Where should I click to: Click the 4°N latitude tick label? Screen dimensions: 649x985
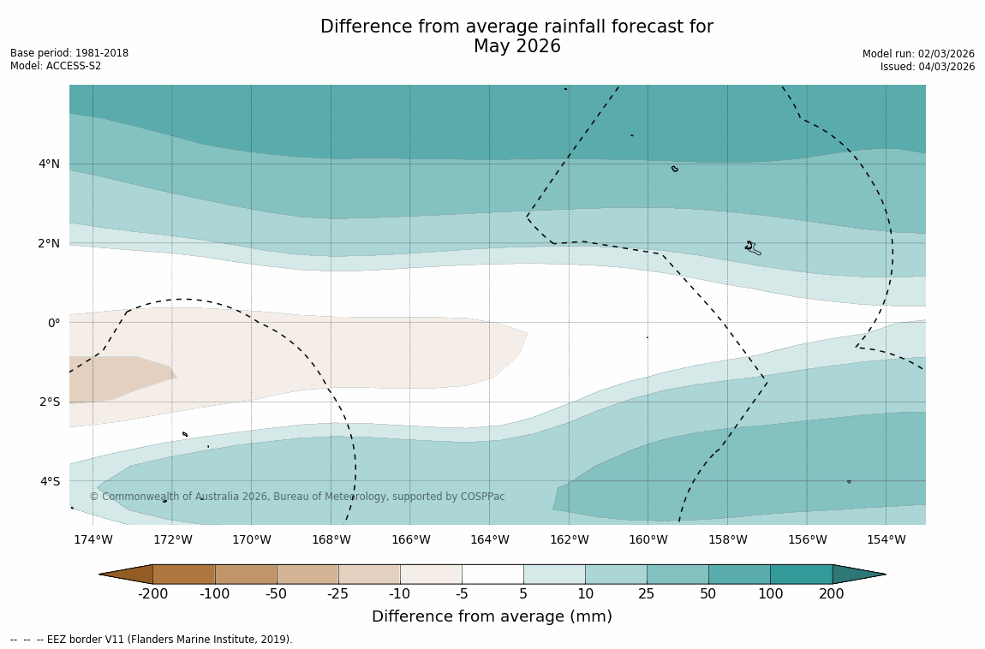[48, 164]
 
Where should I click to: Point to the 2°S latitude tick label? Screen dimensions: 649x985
[48, 402]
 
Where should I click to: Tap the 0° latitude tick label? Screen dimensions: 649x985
[53, 323]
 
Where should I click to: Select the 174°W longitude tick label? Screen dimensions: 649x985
[93, 539]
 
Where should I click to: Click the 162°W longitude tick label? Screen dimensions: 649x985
[569, 539]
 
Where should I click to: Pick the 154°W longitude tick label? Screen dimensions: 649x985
[886, 539]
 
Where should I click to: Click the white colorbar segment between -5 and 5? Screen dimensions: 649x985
[493, 574]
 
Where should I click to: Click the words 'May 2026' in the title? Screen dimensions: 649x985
[516, 46]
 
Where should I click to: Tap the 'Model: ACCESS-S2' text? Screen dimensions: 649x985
[56, 66]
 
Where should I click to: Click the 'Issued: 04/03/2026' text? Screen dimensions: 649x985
[927, 67]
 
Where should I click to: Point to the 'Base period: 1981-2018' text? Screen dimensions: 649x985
[69, 53]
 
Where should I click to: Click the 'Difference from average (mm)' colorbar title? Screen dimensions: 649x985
[492, 616]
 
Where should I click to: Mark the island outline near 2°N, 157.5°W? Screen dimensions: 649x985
[752, 247]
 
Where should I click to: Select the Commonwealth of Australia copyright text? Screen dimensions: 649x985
[296, 497]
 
